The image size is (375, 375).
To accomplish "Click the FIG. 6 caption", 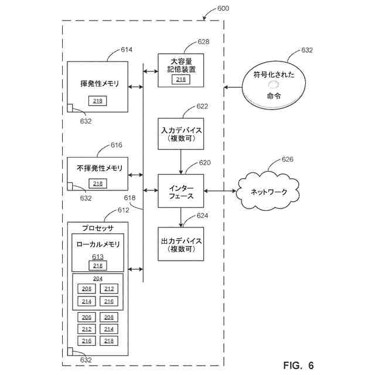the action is coord(298,365).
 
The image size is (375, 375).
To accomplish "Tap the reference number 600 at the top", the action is coord(223,8).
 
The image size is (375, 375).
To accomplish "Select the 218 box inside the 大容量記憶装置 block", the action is coord(181,80).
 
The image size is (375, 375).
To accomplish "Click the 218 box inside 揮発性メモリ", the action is coord(98,101).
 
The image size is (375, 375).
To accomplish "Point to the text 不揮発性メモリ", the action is coord(100,168).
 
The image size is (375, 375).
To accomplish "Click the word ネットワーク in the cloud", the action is coord(268,192).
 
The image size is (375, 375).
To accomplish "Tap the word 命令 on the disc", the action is coord(274,96).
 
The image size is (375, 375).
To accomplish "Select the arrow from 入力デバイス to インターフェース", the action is coord(181,162).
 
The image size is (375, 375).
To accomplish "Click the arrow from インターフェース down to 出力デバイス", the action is coord(181,217).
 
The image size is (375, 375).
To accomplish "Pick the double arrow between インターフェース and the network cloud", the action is coord(220,191).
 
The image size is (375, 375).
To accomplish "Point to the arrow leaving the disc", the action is coord(233,87).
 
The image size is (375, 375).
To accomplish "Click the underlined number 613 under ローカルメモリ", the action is coord(98,257).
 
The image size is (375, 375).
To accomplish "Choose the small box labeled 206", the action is coord(87,317).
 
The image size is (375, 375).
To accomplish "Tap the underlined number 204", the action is coord(98,279).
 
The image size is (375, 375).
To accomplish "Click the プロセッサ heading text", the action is coord(98,228).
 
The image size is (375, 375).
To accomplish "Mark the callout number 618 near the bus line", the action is coord(129,198).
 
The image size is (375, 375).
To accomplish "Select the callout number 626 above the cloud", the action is coord(287,159).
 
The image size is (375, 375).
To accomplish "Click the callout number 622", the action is coord(202,106).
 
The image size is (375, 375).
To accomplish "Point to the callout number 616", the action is coord(116,145).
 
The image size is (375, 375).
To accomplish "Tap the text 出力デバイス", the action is coord(181,241).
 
